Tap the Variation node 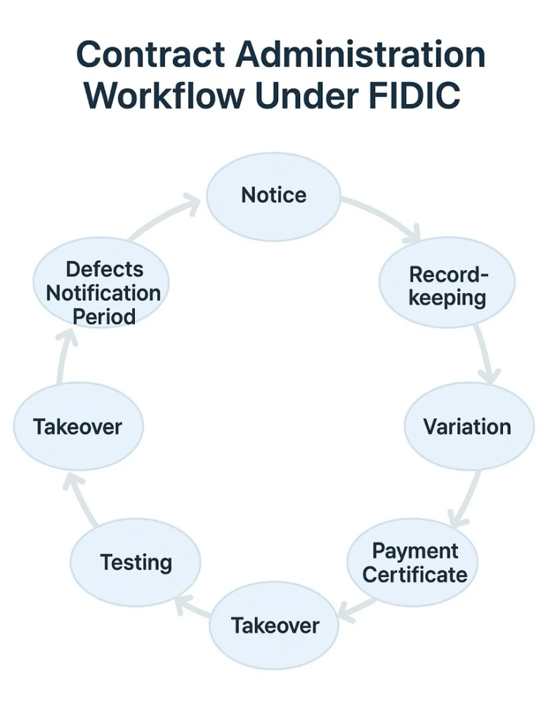click(x=467, y=427)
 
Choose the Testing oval click(x=136, y=562)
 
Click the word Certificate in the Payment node click(x=415, y=574)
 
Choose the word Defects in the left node click(x=104, y=269)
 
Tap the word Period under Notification click(x=104, y=316)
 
